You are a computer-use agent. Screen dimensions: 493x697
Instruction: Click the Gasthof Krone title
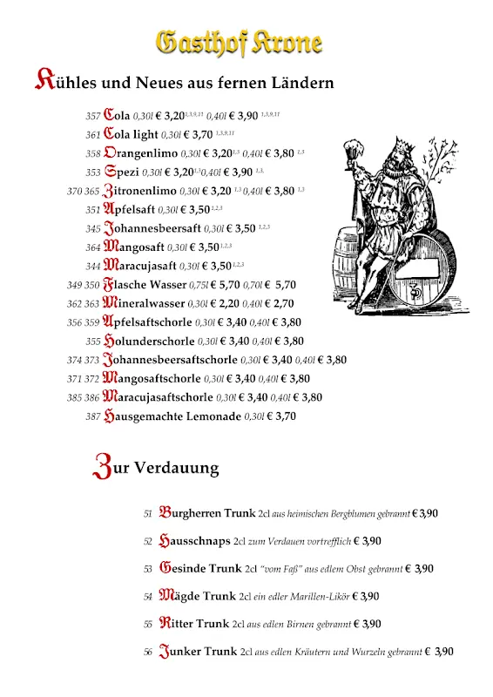pos(239,41)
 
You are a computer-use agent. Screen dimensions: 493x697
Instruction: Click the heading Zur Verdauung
pos(156,467)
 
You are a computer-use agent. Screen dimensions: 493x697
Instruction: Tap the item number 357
pos(92,116)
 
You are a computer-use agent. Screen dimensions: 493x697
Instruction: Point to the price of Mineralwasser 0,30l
pos(225,303)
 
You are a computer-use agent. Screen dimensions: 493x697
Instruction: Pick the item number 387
pos(92,416)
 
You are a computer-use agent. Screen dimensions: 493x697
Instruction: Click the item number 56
pos(148,652)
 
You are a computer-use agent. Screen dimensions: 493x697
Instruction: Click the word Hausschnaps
pos(194,541)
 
